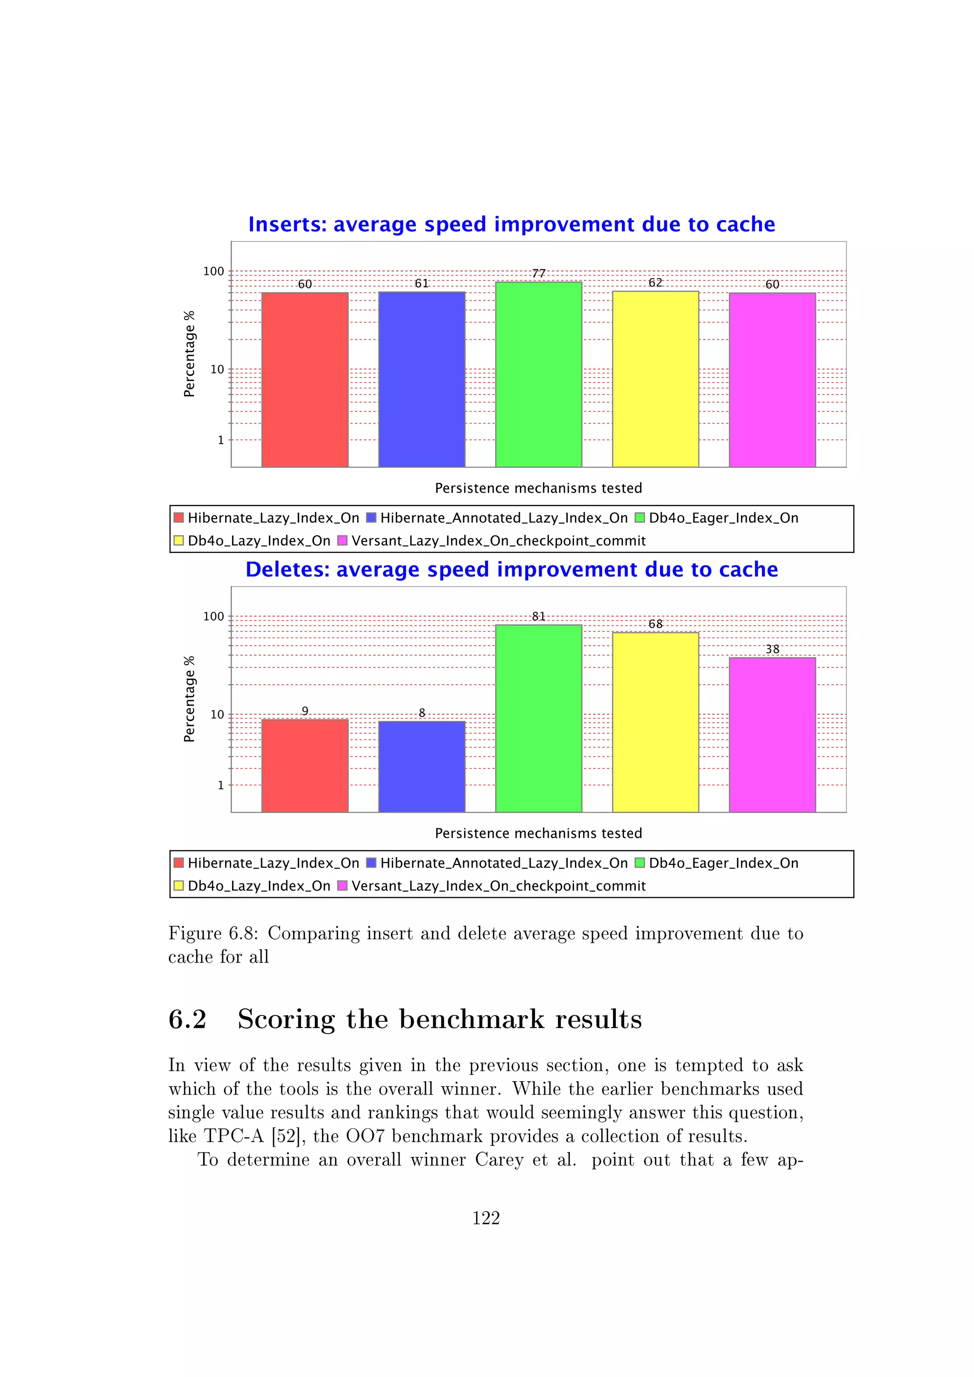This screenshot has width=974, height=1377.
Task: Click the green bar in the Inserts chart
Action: pos(538,374)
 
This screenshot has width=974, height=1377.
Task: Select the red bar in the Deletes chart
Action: pos(305,766)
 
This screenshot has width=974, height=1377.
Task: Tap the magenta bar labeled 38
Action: pos(772,735)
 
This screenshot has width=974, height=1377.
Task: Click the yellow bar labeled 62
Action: pos(655,379)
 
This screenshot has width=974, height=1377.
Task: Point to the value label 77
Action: pos(538,273)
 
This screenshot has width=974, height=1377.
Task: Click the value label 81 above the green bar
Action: pos(538,617)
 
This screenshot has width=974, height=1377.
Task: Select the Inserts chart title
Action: pos(512,224)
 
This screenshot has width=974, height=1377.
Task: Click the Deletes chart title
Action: pos(512,570)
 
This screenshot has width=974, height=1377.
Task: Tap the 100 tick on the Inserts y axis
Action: pos(214,272)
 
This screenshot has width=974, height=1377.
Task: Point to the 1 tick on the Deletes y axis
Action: pos(221,785)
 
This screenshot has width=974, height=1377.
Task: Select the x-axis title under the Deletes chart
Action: pos(538,833)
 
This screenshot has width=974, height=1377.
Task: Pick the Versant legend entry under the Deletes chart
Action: pos(498,886)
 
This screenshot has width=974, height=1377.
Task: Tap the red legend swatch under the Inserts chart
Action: pos(179,518)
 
